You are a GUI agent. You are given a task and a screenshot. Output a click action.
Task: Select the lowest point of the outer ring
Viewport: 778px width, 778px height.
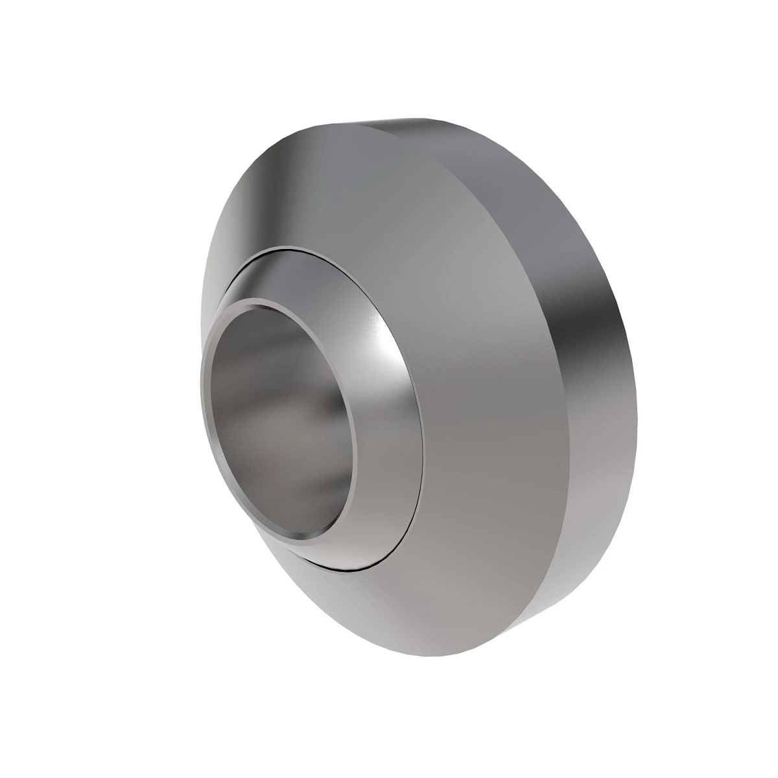[x=447, y=655]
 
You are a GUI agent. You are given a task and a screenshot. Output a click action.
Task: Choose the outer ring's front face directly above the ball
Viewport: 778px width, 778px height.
[x=337, y=188]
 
